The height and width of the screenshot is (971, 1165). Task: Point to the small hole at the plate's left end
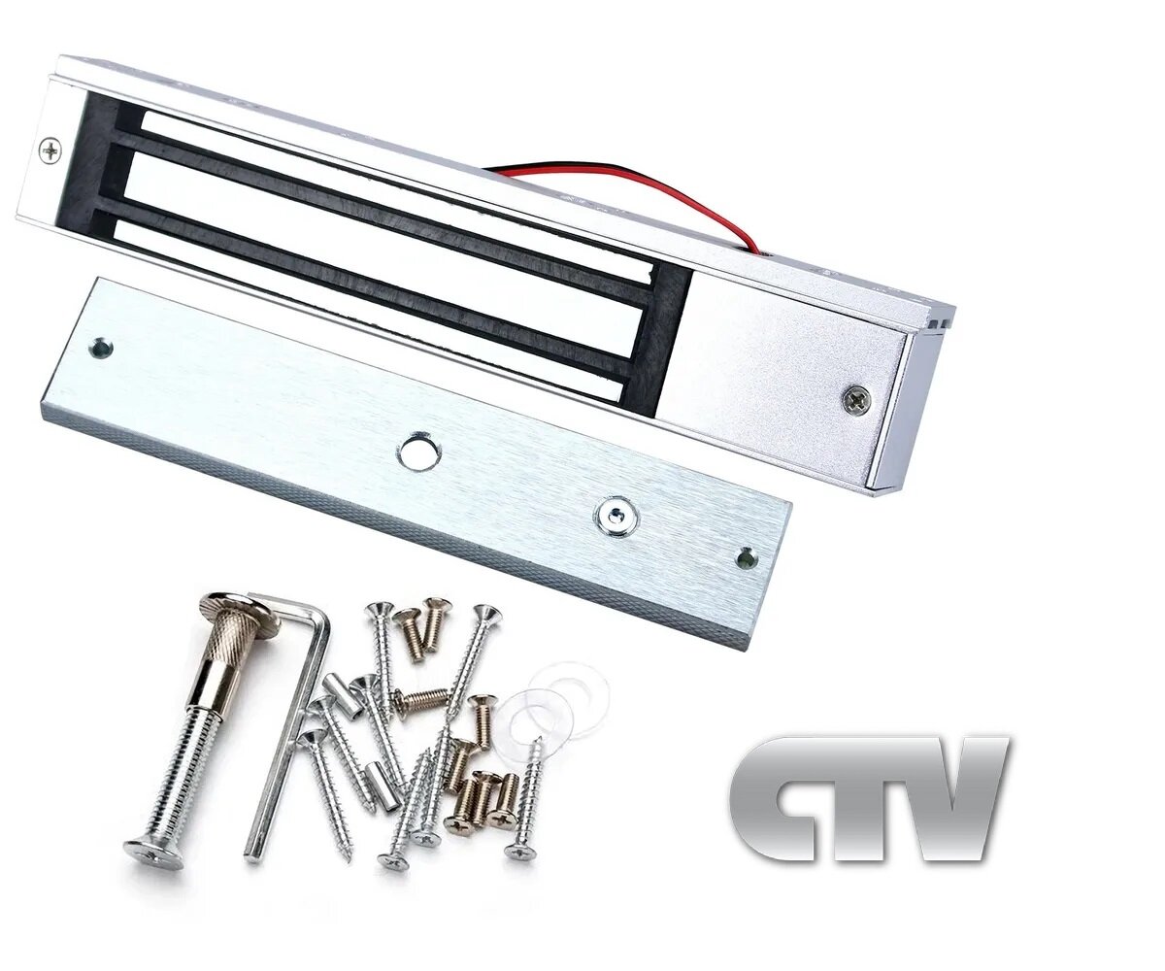pyautogui.click(x=99, y=346)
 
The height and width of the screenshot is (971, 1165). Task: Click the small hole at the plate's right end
pyautogui.click(x=745, y=557)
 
